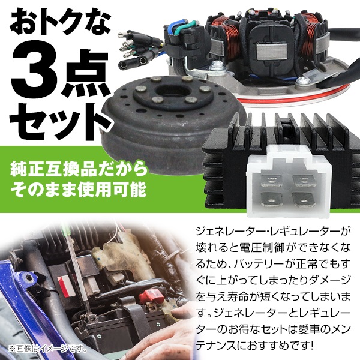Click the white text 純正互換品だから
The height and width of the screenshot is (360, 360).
pyautogui.click(x=77, y=167)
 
